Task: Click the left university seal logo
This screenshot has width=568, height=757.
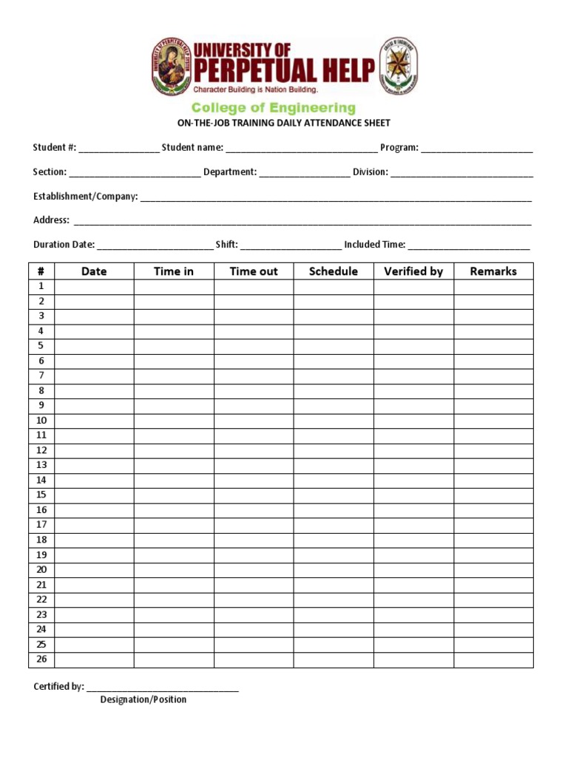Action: (x=172, y=67)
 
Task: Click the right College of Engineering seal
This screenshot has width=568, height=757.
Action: (x=399, y=67)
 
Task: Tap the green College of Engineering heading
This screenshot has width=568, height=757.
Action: (x=274, y=108)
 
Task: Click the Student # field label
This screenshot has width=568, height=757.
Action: (x=54, y=148)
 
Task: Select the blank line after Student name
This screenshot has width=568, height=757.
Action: (x=302, y=149)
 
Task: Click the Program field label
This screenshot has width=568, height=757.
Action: (x=399, y=148)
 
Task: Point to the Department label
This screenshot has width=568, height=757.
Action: (x=230, y=172)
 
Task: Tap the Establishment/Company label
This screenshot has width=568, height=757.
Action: (x=85, y=197)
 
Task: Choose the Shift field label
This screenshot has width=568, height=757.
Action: (x=226, y=245)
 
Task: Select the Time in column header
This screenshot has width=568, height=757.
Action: (x=174, y=271)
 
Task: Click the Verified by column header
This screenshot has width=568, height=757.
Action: (x=413, y=271)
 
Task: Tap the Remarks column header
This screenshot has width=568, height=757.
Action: (x=493, y=271)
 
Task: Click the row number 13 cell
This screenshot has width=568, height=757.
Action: (x=41, y=465)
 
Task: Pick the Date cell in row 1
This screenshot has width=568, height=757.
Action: (x=94, y=286)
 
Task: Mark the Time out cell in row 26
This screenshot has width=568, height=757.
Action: (x=254, y=659)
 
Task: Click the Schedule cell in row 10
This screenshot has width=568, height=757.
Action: (x=334, y=421)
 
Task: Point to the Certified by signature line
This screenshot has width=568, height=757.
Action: (x=163, y=688)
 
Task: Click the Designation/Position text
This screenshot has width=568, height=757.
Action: (x=143, y=699)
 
